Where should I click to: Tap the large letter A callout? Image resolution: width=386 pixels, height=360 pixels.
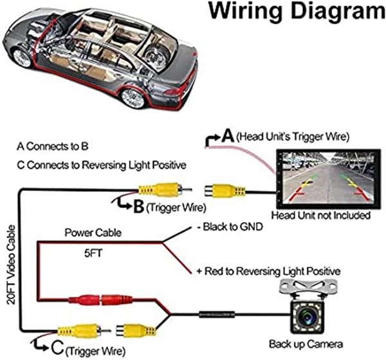tap(227, 136)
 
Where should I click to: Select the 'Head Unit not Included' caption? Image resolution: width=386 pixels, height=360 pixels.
tap(321, 215)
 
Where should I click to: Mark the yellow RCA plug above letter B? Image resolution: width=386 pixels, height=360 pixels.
tap(159, 190)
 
